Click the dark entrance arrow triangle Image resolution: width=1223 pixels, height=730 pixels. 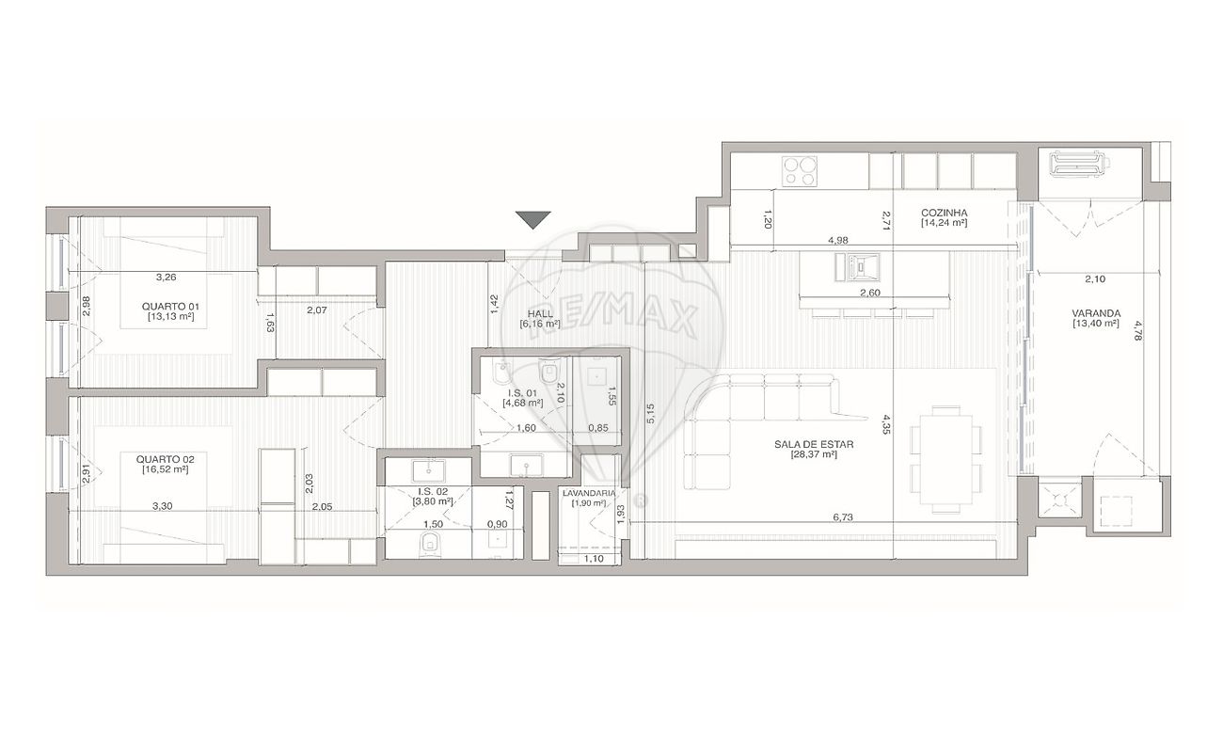(x=533, y=219)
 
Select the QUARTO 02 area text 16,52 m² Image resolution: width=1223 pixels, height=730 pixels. (x=165, y=469)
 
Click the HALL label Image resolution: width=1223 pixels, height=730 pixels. (x=540, y=314)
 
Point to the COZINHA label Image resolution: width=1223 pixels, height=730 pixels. (x=944, y=213)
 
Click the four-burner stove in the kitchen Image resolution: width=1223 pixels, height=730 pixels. (x=800, y=171)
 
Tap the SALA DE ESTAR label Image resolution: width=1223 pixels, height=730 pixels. (x=814, y=444)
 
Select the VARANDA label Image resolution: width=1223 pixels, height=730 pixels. (x=1096, y=313)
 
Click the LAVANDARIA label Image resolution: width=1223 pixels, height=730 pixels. (x=589, y=493)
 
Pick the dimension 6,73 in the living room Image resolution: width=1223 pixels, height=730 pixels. (x=843, y=517)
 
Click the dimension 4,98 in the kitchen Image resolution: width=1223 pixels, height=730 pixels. (x=838, y=240)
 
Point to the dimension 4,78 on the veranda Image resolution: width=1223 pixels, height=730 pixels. (x=1137, y=330)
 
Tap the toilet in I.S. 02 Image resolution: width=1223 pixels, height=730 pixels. (x=430, y=546)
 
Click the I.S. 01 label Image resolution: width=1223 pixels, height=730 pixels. (x=523, y=393)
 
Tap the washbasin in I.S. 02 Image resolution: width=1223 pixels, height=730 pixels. (x=428, y=471)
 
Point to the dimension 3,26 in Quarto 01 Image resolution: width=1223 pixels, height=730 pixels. (x=166, y=278)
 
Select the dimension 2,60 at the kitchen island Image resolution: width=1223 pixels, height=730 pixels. (x=870, y=293)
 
